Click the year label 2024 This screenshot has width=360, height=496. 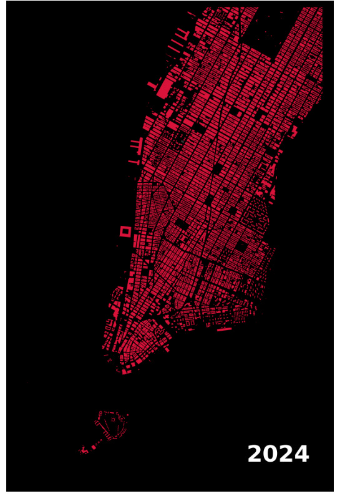point(278,454)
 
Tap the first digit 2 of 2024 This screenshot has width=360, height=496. point(255,454)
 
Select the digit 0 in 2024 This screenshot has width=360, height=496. point(271,454)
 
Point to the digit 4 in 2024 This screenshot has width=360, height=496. point(302,454)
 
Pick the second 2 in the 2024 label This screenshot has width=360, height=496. point(286,454)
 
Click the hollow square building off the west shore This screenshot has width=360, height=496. point(125,231)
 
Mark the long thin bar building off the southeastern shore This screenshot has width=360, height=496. point(224,329)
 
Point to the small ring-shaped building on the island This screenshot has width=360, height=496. point(102,414)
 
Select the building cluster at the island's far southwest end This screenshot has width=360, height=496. point(82,449)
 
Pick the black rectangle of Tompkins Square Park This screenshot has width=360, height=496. point(241,247)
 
